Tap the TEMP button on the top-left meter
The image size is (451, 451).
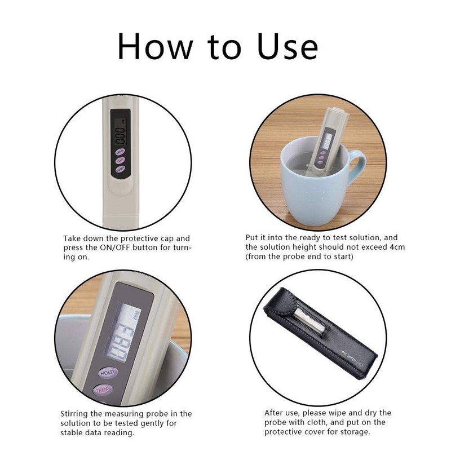click(120, 160)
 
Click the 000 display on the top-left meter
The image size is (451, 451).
click(120, 135)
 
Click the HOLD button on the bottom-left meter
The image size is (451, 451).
click(107, 373)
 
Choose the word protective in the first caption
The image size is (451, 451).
click(129, 238)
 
